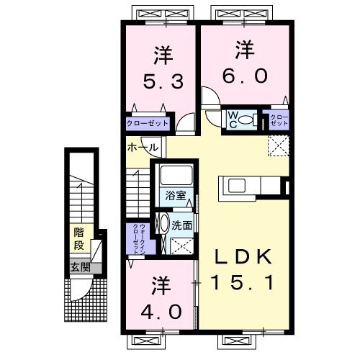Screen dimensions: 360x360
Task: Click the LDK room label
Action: (243, 256)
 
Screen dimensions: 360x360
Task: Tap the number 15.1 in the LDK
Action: (243, 282)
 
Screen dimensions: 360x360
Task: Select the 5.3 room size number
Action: (163, 81)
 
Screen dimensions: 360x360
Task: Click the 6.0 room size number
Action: (245, 75)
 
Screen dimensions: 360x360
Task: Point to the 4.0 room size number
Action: (161, 312)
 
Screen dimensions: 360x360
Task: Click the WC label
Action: (233, 120)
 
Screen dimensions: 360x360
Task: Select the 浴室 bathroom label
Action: (176, 196)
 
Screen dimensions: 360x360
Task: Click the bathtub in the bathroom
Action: (176, 174)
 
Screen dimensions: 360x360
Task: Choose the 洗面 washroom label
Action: (181, 225)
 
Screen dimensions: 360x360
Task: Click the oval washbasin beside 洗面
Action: (164, 223)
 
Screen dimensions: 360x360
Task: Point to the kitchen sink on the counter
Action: (237, 186)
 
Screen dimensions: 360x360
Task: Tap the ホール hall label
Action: (143, 148)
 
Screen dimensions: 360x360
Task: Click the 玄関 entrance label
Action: (80, 267)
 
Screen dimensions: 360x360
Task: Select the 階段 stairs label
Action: (79, 238)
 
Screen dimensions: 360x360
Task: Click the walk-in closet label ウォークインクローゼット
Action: (139, 239)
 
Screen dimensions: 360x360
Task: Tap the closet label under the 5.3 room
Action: (147, 123)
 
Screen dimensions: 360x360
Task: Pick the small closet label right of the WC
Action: (279, 120)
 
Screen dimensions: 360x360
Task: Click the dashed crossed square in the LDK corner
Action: (279, 146)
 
